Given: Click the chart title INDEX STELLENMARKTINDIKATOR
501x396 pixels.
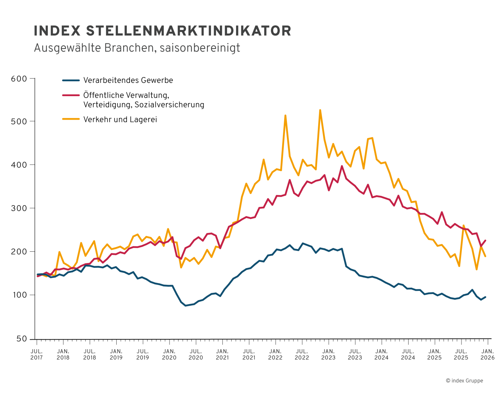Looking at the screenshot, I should (x=162, y=31).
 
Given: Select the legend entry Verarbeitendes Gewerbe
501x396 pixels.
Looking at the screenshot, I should (x=128, y=81).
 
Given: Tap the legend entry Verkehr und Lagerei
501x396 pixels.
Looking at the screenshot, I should (x=120, y=120).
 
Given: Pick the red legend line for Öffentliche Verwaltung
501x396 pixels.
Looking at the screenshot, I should (x=71, y=95).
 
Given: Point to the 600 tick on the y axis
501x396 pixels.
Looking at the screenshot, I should (x=19, y=79).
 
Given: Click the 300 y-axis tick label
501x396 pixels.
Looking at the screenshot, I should (x=19, y=208).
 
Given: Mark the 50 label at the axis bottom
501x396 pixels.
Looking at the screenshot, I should (x=22, y=339).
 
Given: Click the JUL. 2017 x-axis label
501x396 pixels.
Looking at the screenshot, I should (x=36, y=354).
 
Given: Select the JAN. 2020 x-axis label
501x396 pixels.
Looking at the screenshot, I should (x=169, y=354).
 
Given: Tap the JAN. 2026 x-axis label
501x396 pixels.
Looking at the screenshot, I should (x=487, y=354).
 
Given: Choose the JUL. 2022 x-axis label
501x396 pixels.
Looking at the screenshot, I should (x=302, y=354).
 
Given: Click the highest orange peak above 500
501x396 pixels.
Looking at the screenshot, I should (x=320, y=110).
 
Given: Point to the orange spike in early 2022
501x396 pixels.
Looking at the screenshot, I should (x=285, y=116).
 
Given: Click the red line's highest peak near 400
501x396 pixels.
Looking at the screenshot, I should (x=342, y=166).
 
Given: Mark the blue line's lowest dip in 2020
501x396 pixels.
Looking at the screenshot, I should (x=186, y=305).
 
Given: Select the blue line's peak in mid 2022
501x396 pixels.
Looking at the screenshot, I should (x=303, y=243).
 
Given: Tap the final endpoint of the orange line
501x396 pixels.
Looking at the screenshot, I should (x=485, y=256).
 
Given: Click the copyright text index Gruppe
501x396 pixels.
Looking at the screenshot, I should (x=464, y=381).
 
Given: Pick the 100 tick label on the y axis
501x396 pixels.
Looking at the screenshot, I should (x=19, y=295).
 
